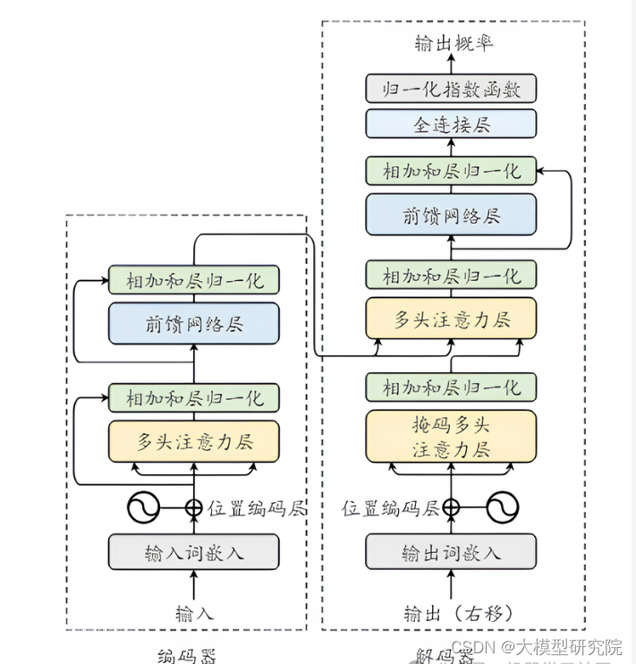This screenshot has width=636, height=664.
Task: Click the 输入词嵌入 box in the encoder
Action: coord(193,552)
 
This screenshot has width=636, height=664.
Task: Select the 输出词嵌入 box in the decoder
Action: coord(451,552)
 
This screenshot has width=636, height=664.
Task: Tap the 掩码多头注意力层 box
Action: coord(451,436)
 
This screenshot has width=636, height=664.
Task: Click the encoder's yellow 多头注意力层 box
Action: coord(193,440)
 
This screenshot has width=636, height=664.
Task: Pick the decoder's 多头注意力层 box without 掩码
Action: coord(451,319)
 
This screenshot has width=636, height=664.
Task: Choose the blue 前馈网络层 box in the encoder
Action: coord(193,323)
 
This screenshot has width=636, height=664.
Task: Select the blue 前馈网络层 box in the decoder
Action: coord(451,216)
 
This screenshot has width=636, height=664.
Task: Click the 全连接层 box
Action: coord(451,123)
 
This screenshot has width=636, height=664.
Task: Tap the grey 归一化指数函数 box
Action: coord(451,89)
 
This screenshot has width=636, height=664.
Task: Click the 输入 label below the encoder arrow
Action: coord(195,614)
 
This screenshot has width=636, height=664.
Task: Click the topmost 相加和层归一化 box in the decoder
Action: coord(451,170)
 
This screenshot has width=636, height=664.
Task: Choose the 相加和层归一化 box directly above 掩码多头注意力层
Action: coord(451,387)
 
